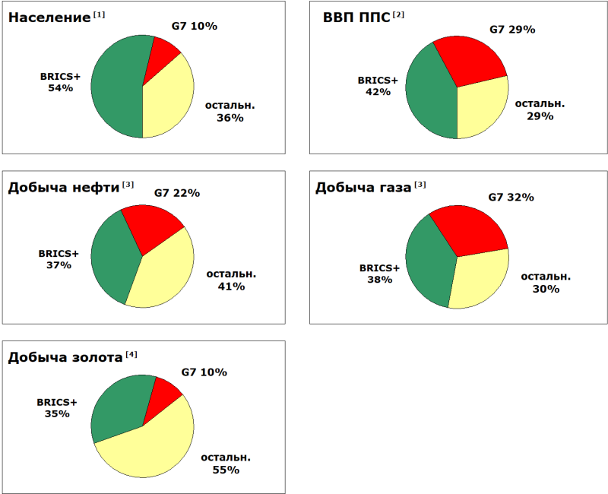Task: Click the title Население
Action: tap(49, 17)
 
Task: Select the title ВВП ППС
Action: tap(352, 17)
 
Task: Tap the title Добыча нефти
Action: tap(64, 188)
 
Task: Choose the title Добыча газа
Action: tap(363, 188)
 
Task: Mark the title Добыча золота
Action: tap(65, 357)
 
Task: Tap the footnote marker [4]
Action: tap(131, 354)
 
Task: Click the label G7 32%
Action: tap(511, 197)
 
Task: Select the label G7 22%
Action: tap(177, 193)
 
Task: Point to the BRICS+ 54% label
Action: tap(60, 82)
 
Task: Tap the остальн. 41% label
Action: tap(231, 280)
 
